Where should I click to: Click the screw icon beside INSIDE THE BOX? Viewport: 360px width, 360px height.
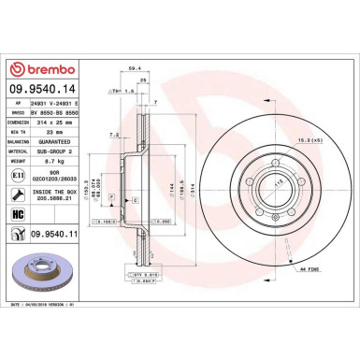coord(18,193)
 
